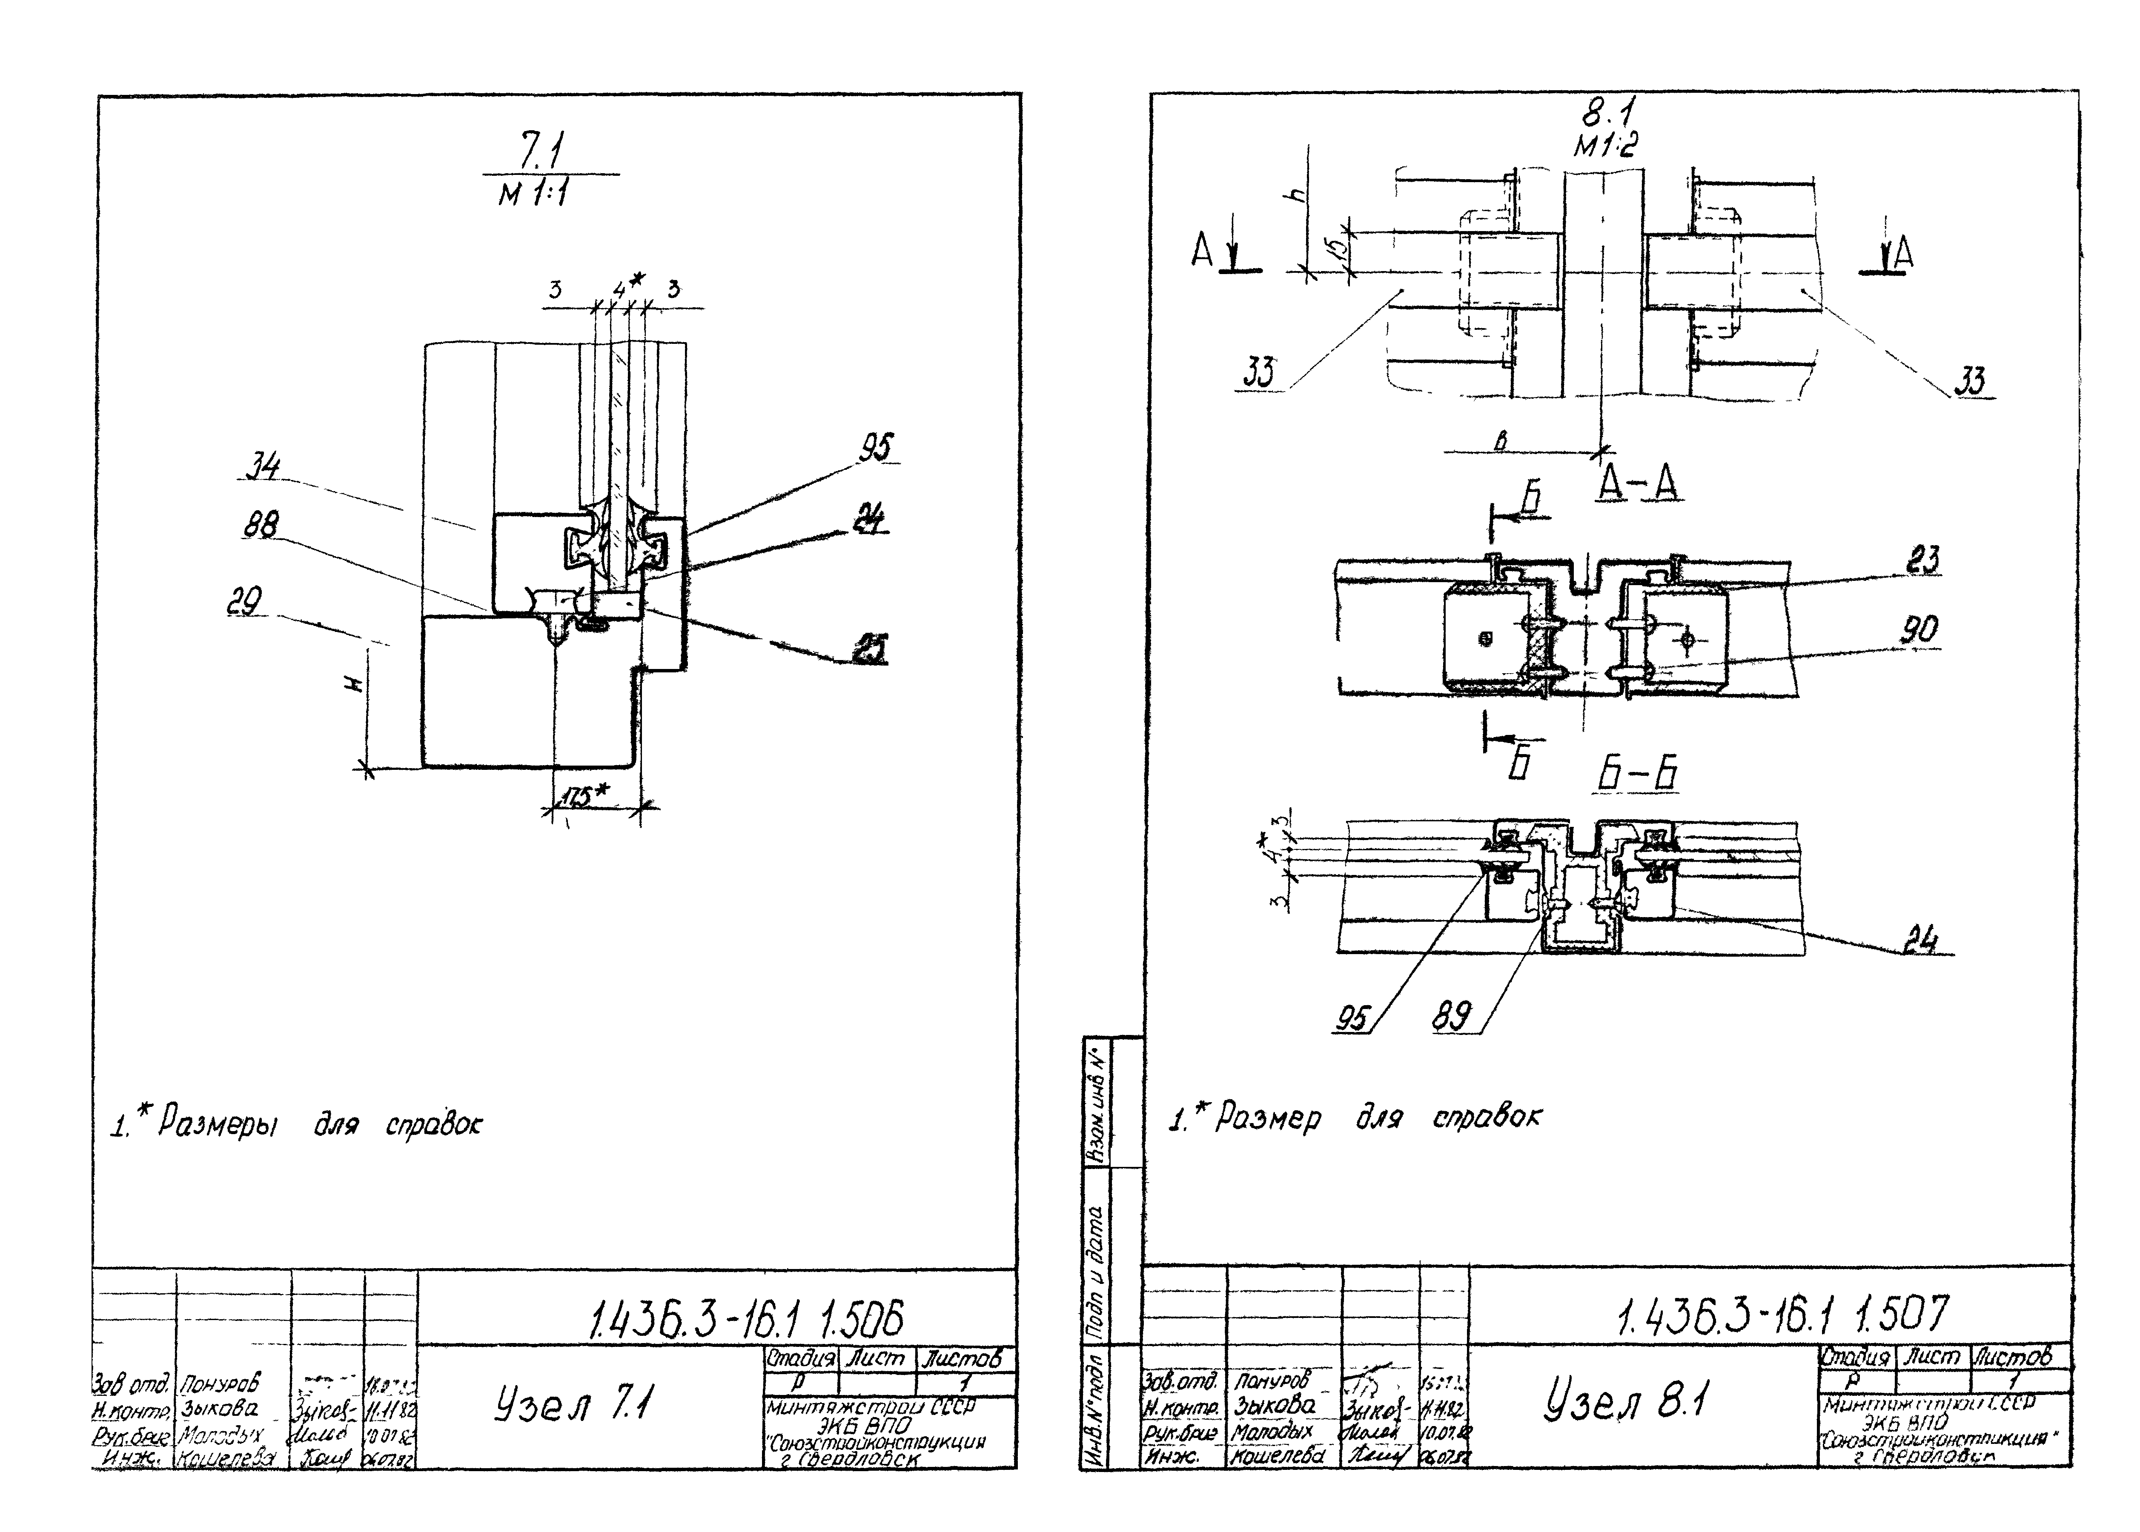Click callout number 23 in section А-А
tap(1923, 560)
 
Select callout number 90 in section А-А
tap(1919, 629)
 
